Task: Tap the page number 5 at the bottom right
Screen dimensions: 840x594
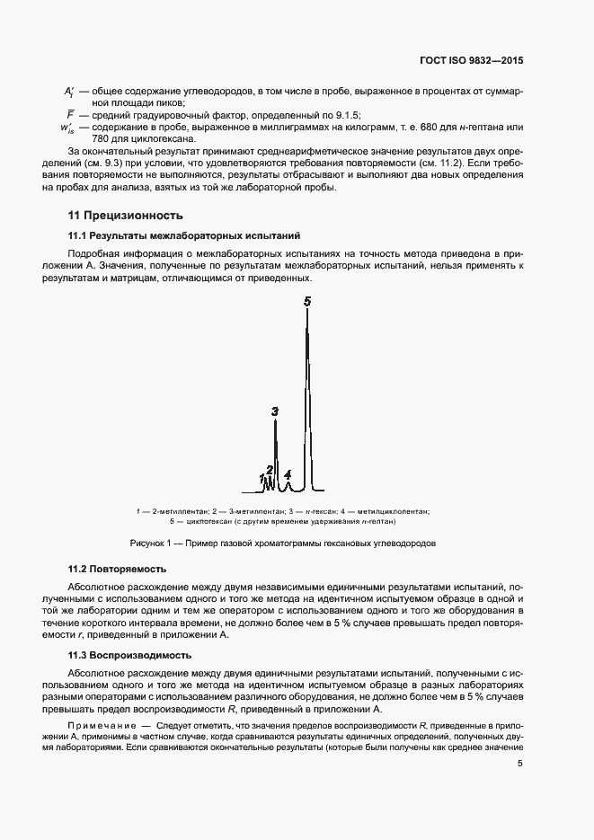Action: point(520,765)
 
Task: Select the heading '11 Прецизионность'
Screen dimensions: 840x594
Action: point(126,216)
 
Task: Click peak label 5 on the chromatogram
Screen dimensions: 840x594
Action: point(307,302)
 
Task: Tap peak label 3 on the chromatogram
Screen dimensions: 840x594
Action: point(275,411)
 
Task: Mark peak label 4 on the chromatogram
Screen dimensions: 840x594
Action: point(288,473)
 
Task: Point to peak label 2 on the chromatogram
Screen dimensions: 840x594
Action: point(269,470)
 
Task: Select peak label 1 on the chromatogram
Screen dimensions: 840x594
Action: point(262,477)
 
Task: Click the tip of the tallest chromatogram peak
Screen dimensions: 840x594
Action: point(307,313)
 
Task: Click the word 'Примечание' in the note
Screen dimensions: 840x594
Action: point(98,724)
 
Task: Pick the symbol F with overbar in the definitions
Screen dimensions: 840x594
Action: point(69,116)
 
